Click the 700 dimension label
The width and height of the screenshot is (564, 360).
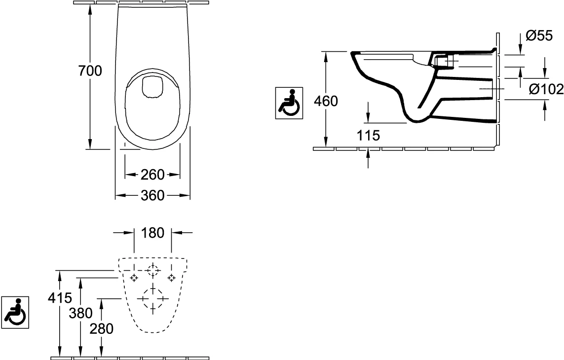[90, 71]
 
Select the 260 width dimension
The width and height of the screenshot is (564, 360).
[152, 175]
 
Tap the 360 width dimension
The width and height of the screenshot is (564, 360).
[152, 195]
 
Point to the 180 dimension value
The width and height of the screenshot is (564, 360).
[153, 233]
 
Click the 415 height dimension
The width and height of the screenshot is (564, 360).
[60, 297]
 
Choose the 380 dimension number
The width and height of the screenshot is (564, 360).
[81, 313]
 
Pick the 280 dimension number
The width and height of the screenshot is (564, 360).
[102, 328]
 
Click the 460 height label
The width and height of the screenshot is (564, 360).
[326, 101]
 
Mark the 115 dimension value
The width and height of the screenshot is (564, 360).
[368, 135]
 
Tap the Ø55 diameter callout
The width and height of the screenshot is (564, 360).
[539, 36]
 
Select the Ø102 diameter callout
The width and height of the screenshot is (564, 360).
[546, 89]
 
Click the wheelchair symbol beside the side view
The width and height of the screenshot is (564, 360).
[289, 103]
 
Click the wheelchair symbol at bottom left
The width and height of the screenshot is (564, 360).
[15, 312]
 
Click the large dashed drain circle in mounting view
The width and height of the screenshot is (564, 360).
[153, 298]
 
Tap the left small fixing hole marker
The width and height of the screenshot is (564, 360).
[134, 278]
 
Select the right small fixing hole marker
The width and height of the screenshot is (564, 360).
[172, 278]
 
